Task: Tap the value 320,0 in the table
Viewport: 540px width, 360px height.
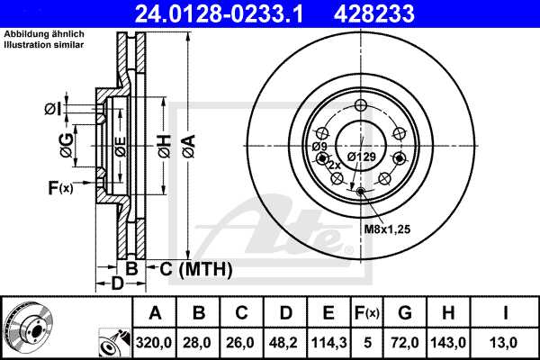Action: [x=155, y=342]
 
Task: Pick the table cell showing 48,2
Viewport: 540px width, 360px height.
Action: [x=285, y=342]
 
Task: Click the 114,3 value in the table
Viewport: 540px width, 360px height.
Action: [x=329, y=342]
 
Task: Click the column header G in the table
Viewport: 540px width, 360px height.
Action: [x=406, y=313]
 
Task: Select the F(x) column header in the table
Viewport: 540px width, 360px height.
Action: [x=367, y=313]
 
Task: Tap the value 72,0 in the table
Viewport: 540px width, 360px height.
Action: [x=406, y=342]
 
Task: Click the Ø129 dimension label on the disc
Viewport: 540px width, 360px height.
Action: [x=362, y=157]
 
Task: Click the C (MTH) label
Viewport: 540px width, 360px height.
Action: [x=194, y=269]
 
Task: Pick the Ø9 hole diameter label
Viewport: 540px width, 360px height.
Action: [x=319, y=146]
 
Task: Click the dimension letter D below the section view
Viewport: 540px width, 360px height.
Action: [x=116, y=285]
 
